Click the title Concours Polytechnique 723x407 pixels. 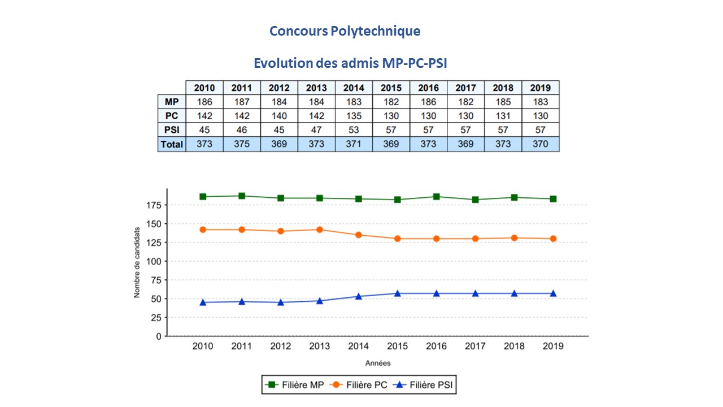[345, 31]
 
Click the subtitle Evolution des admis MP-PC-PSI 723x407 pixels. [350, 63]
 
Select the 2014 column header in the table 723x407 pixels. [354, 88]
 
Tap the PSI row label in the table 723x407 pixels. [171, 130]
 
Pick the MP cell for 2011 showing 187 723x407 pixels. [242, 102]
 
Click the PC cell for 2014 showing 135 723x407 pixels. [354, 116]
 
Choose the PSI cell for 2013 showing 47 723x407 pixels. [316, 130]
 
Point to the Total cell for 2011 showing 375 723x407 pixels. [242, 144]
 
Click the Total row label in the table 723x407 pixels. [171, 144]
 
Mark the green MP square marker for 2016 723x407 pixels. [437, 197]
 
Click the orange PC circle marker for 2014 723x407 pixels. [359, 235]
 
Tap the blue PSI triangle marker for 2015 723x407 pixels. [398, 293]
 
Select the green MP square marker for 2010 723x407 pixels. [203, 197]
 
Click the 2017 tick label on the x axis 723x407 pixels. [475, 347]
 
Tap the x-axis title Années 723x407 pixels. [377, 363]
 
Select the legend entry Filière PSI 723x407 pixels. [425, 385]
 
